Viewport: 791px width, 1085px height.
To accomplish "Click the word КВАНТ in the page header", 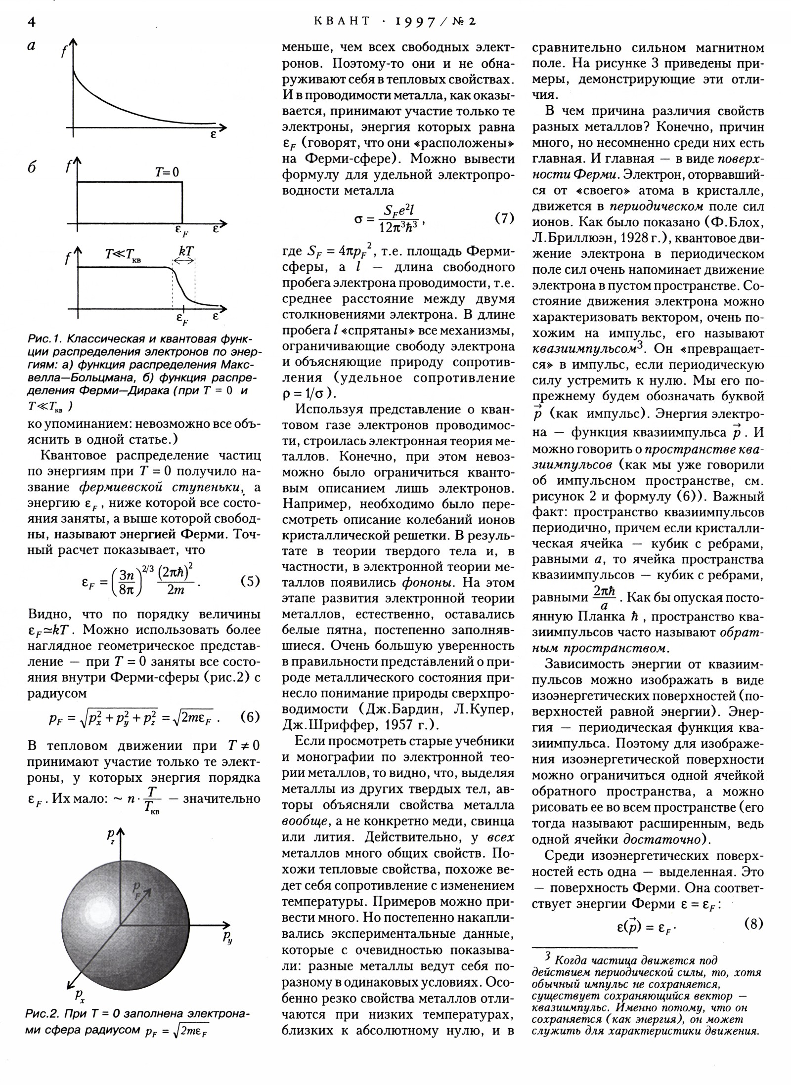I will pos(342,21).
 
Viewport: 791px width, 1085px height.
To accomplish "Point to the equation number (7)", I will pos(504,218).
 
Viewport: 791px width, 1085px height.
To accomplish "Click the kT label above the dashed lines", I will pos(186,250).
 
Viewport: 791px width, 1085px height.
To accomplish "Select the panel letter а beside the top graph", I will pos(32,46).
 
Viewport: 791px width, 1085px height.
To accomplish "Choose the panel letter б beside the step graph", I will pos(32,167).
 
